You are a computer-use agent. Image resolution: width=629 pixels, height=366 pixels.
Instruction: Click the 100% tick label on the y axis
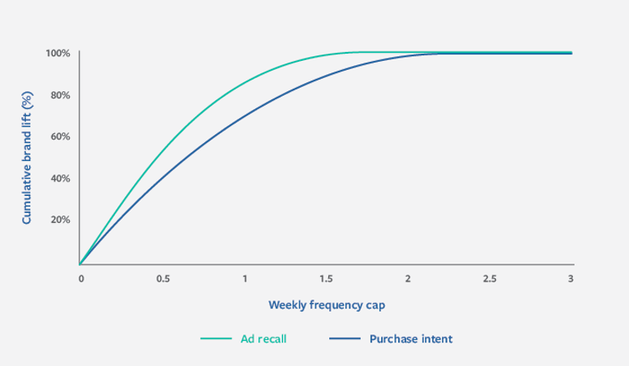pyautogui.click(x=58, y=54)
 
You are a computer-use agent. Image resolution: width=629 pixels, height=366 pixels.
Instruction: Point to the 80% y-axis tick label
pyautogui.click(x=60, y=95)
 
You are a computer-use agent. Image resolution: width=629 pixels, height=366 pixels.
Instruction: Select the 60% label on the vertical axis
pyautogui.click(x=60, y=137)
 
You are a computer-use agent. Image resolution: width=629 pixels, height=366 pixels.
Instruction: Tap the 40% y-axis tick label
pyautogui.click(x=60, y=178)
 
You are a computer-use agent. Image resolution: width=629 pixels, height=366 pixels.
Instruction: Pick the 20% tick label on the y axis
pyautogui.click(x=60, y=220)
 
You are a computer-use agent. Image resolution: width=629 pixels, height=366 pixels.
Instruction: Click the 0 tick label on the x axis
pyautogui.click(x=81, y=278)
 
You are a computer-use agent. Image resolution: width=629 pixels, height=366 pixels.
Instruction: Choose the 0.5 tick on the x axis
pyautogui.click(x=163, y=278)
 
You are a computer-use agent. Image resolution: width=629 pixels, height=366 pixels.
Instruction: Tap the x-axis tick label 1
pyautogui.click(x=245, y=278)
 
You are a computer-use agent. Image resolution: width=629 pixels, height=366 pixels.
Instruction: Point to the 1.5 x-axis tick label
pyautogui.click(x=326, y=278)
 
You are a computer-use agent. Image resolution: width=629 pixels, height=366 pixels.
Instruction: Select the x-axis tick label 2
pyautogui.click(x=408, y=278)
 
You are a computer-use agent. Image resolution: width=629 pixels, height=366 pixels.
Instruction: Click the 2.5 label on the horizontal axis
pyautogui.click(x=489, y=278)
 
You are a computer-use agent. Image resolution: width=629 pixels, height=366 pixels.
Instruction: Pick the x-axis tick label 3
pyautogui.click(x=570, y=278)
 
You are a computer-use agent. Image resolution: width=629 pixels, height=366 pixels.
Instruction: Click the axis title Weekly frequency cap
pyautogui.click(x=327, y=305)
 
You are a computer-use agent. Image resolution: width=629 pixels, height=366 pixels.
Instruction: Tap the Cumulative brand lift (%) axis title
pyautogui.click(x=27, y=158)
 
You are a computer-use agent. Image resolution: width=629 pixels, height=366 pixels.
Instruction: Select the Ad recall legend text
pyautogui.click(x=263, y=339)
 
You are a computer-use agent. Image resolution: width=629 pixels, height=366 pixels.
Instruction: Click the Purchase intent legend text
pyautogui.click(x=410, y=339)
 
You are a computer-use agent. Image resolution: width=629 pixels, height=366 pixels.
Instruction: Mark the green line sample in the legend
pyautogui.click(x=216, y=338)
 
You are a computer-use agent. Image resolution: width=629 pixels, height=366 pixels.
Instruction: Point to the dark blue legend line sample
pyautogui.click(x=345, y=338)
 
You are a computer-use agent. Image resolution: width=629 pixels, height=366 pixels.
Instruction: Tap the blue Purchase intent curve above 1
pyautogui.click(x=245, y=116)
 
